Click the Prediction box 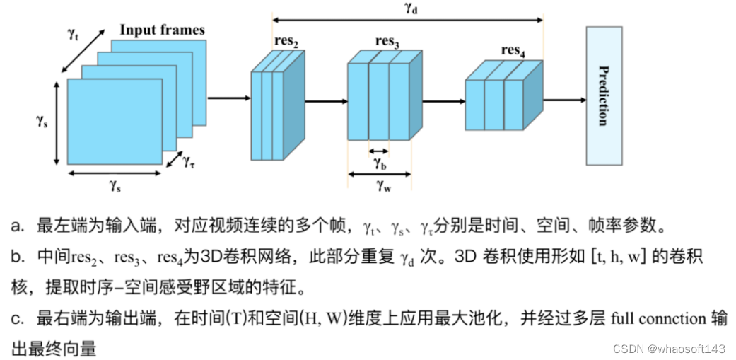click(x=603, y=95)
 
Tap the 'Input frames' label click(x=162, y=30)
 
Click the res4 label click(x=513, y=50)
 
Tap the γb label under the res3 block click(x=379, y=163)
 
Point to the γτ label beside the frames click(x=189, y=162)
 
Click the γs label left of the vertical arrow click(x=42, y=120)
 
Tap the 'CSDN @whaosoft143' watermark click(x=668, y=349)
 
